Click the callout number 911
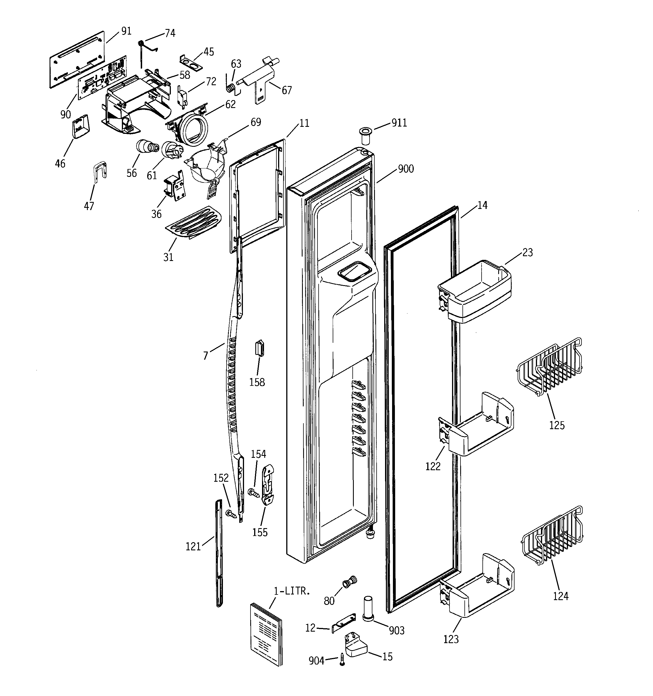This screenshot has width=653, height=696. point(399,123)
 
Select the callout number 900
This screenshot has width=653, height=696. point(406,169)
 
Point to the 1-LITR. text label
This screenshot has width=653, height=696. point(292,591)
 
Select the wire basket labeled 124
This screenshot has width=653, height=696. point(553,536)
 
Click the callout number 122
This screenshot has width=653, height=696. point(433,466)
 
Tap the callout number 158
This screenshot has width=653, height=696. point(257,382)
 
